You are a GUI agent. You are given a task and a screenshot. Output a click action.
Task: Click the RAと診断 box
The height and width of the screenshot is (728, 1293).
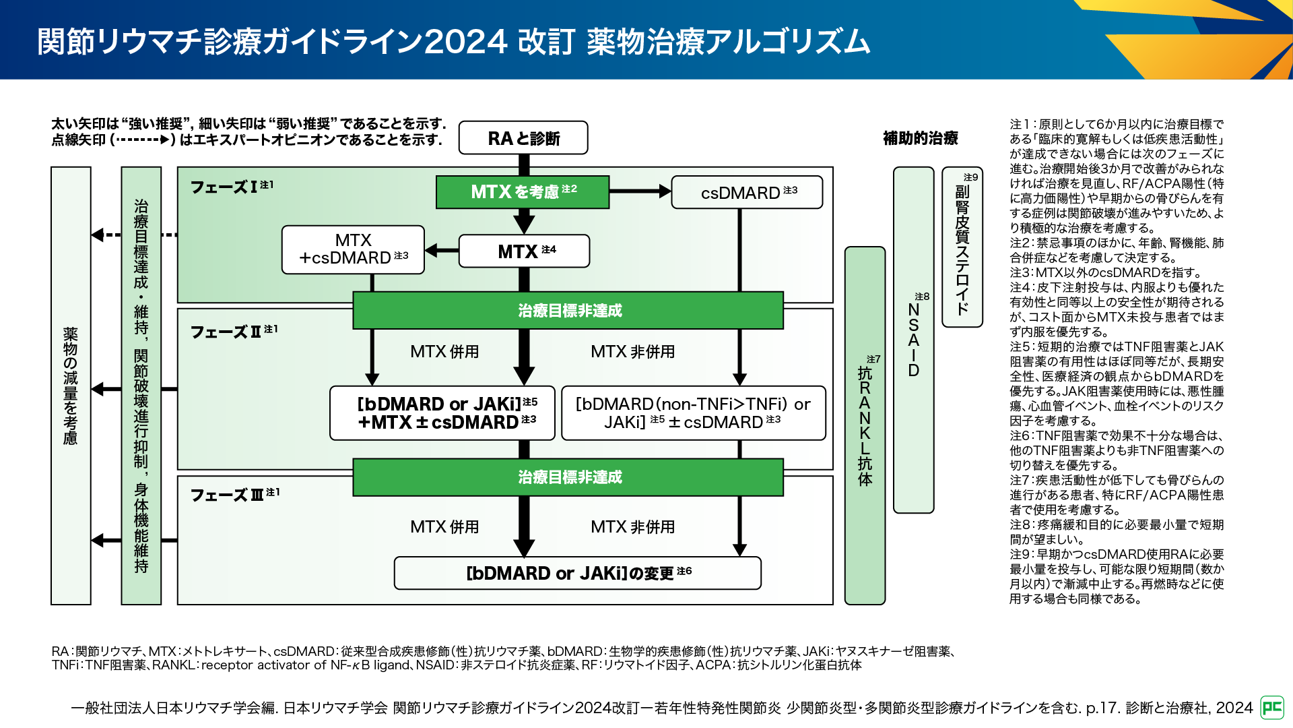[x=523, y=138]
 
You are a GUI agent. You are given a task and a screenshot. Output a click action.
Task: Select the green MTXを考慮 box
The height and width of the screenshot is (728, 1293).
[x=523, y=192]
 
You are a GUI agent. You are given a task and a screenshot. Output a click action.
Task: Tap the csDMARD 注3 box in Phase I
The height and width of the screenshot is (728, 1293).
[x=747, y=193]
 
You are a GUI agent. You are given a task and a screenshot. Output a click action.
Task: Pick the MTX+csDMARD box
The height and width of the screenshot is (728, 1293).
[x=353, y=249]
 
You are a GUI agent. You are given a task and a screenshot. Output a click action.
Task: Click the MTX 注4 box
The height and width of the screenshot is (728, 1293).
[x=524, y=251]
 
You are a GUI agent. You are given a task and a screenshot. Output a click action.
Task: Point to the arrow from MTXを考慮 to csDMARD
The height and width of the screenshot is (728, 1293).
[x=640, y=191]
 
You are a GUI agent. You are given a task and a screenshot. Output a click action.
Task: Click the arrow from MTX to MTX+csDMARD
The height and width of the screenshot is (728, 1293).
[x=442, y=251]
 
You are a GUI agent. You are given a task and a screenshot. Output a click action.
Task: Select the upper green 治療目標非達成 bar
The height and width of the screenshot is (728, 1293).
[x=568, y=311]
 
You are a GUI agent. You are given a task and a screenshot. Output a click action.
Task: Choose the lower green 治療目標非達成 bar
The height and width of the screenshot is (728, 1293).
[x=568, y=477]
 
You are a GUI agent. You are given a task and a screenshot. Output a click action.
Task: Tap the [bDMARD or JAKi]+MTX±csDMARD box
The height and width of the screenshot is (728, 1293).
[x=442, y=413]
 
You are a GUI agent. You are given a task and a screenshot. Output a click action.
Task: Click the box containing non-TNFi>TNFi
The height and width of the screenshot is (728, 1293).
[x=693, y=413]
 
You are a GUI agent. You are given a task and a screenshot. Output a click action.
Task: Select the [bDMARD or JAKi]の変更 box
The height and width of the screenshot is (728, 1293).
[x=577, y=573]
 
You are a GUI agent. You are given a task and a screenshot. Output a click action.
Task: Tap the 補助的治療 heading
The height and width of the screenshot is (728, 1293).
[x=920, y=138]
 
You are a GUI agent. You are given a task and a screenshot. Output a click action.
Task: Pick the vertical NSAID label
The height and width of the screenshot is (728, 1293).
[x=913, y=340]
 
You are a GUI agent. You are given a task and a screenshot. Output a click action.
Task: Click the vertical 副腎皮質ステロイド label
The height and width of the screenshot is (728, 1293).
[x=962, y=249]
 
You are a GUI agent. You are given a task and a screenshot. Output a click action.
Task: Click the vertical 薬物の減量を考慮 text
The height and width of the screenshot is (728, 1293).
[x=71, y=386]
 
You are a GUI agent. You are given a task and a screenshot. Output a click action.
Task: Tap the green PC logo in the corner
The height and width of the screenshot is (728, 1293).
[x=1272, y=707]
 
